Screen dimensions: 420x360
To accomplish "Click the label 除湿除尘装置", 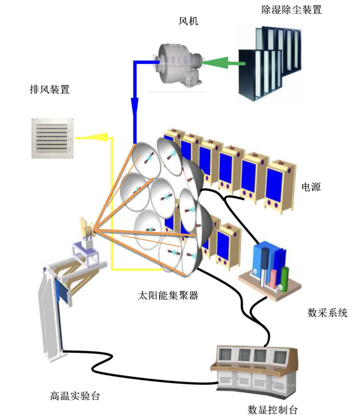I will (291, 10).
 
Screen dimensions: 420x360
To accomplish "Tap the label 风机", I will (188, 21).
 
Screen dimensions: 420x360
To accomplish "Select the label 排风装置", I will (50, 89).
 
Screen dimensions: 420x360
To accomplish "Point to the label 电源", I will (311, 187).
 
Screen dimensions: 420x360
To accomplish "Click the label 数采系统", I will (327, 313).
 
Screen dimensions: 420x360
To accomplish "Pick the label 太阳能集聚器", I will (168, 295).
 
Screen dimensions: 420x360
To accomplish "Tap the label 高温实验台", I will (75, 396).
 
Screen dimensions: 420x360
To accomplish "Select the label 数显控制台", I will (272, 409).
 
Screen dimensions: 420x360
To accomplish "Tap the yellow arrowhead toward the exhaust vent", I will (97, 137).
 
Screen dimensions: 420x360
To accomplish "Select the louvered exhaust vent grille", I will (52, 138).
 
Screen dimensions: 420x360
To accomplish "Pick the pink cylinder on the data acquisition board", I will (273, 279).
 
